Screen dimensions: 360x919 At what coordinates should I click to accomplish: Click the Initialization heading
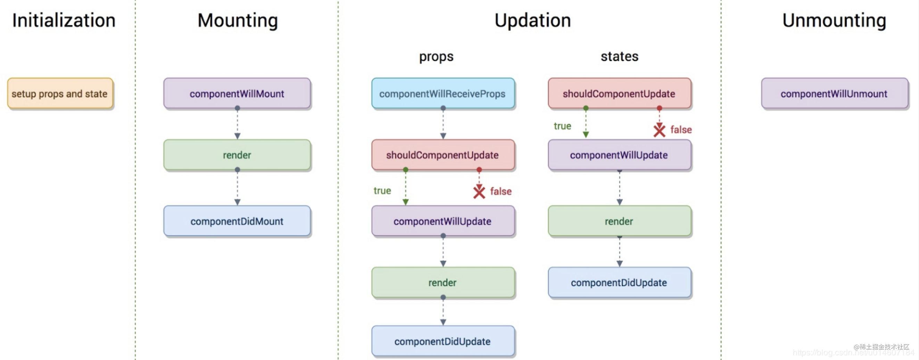(64, 21)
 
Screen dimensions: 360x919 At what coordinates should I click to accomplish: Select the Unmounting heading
(834, 21)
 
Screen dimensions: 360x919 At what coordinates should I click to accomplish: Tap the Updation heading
(533, 21)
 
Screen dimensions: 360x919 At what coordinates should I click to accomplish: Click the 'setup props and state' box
(60, 93)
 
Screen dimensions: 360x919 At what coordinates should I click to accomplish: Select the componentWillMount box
(237, 93)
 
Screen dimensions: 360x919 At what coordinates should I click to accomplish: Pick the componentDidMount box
(237, 221)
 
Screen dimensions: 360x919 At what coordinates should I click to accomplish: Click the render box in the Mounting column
(237, 155)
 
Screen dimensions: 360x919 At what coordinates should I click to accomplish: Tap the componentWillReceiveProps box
(443, 93)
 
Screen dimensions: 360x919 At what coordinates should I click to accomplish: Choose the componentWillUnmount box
(834, 93)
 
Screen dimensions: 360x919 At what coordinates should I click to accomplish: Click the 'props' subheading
(436, 56)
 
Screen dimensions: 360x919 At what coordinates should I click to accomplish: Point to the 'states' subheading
(619, 56)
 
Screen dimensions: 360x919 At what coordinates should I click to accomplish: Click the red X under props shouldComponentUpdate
(479, 192)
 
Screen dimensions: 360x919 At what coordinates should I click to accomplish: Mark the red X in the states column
(659, 130)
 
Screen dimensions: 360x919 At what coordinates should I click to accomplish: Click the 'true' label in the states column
(562, 126)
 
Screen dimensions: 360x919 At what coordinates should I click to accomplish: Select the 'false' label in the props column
(500, 191)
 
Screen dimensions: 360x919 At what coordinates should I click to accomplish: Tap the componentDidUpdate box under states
(619, 283)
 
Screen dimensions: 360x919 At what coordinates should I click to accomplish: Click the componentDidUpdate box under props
(443, 342)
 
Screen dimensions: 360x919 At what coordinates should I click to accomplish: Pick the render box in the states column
(619, 221)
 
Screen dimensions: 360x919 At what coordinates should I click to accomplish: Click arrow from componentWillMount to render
(237, 123)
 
